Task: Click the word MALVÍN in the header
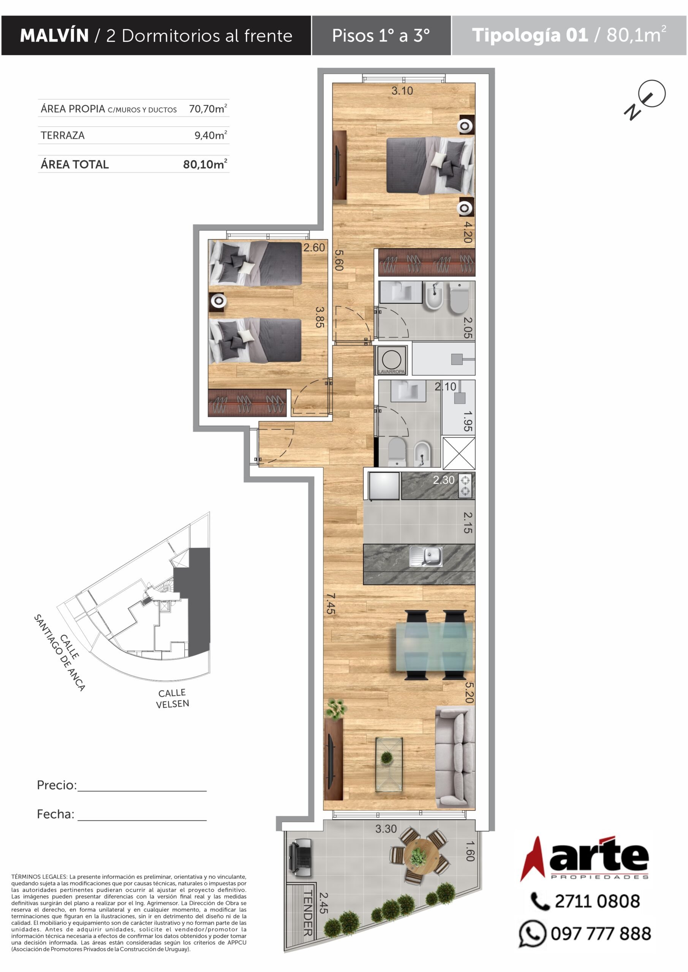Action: point(54,36)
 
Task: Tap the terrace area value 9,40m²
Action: point(211,135)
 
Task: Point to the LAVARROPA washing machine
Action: point(391,360)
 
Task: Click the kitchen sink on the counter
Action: point(426,556)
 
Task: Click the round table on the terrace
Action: point(418,857)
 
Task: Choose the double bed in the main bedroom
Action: point(430,166)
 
